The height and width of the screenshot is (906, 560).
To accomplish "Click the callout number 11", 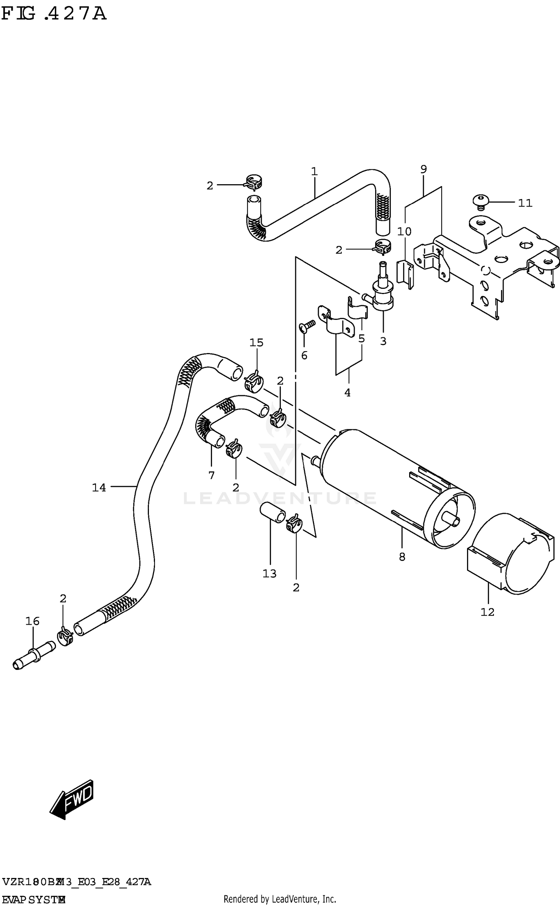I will (x=525, y=203).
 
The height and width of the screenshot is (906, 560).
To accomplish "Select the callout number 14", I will (x=99, y=488).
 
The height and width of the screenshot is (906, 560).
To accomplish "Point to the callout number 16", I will (x=32, y=621).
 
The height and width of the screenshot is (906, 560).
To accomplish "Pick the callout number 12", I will (x=487, y=612).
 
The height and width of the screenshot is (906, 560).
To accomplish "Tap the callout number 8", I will (x=402, y=557).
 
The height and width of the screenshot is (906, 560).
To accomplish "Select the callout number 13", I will (x=269, y=573).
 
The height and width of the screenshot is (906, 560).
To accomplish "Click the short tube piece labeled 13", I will (x=273, y=513).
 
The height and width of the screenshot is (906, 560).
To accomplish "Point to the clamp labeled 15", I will (x=254, y=381).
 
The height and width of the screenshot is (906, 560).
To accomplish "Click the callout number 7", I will (x=211, y=475).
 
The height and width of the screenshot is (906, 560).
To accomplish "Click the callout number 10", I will (x=404, y=232).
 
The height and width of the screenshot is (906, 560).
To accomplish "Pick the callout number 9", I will (x=423, y=169).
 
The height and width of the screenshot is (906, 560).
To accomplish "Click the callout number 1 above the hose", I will (x=314, y=171).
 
